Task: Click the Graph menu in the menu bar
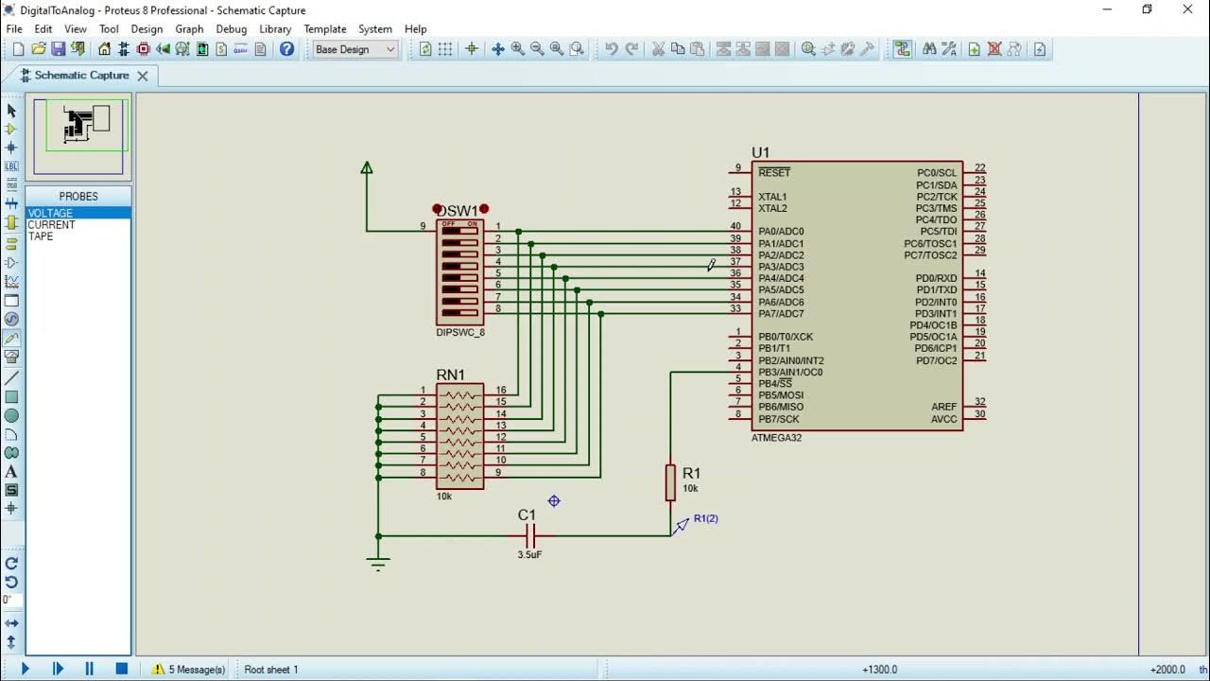tap(189, 29)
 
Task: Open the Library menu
tap(275, 29)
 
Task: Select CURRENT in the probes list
tap(51, 225)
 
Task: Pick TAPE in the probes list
tap(41, 236)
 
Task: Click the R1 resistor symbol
tap(670, 481)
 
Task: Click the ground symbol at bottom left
tap(378, 564)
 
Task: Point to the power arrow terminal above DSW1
tap(367, 168)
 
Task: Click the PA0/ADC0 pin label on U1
tap(781, 232)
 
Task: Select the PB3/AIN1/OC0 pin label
tap(790, 373)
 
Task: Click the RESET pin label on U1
tap(773, 173)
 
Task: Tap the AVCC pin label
tap(943, 419)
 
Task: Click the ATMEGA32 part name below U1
tap(776, 438)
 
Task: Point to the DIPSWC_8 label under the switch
tap(460, 333)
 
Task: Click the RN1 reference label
tap(451, 375)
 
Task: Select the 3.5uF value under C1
tap(529, 555)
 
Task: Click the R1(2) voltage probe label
tap(706, 518)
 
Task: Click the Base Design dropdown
tap(354, 49)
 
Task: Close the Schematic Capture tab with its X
tap(143, 76)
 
